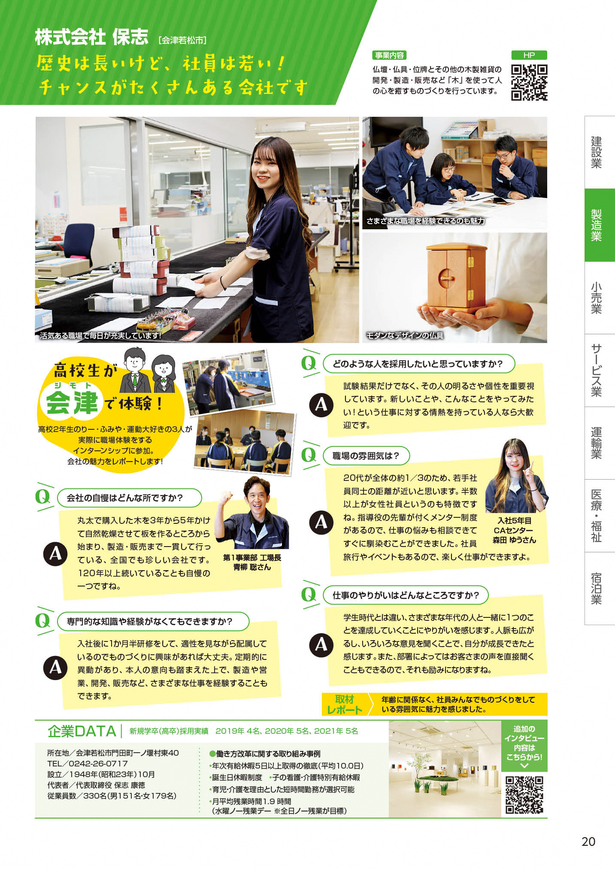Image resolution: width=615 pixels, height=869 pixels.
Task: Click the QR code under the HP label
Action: pos(529,82)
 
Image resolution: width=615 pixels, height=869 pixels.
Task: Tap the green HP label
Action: pos(529,55)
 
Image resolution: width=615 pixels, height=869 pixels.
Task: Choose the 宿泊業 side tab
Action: pos(597,588)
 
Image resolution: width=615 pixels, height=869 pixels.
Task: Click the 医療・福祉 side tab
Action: pos(597,516)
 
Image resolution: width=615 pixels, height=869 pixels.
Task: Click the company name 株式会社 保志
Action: pos(91,37)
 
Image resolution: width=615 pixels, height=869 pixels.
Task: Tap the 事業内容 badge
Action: pos(389,55)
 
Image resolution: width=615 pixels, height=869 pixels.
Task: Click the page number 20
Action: pos(588,842)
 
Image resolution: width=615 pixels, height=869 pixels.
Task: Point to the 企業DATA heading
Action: pos(82,731)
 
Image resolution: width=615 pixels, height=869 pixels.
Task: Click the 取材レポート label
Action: pos(344,705)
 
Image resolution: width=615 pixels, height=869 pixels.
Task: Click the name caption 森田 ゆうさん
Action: pos(514,540)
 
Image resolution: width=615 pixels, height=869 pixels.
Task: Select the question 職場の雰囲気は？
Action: pos(366,456)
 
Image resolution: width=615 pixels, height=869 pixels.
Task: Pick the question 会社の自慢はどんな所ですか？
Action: pos(125,498)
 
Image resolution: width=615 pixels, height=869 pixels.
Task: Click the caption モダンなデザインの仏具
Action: pos(405,335)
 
